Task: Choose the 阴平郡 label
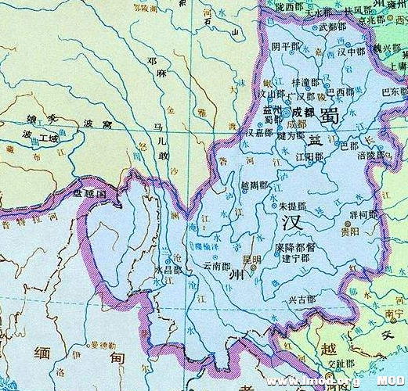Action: (285, 47)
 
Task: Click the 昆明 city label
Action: (251, 259)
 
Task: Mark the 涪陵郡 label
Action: (370, 155)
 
